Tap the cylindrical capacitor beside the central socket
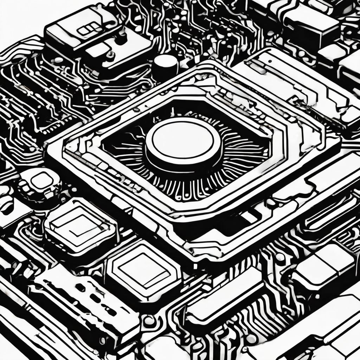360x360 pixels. [x=165, y=67]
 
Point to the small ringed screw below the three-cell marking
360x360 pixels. [x=110, y=55]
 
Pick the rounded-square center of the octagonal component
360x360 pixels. [x=41, y=181]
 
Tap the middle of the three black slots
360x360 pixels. [x=95, y=298]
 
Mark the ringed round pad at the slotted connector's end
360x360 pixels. [x=149, y=320]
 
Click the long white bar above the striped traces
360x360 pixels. [x=225, y=292]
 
